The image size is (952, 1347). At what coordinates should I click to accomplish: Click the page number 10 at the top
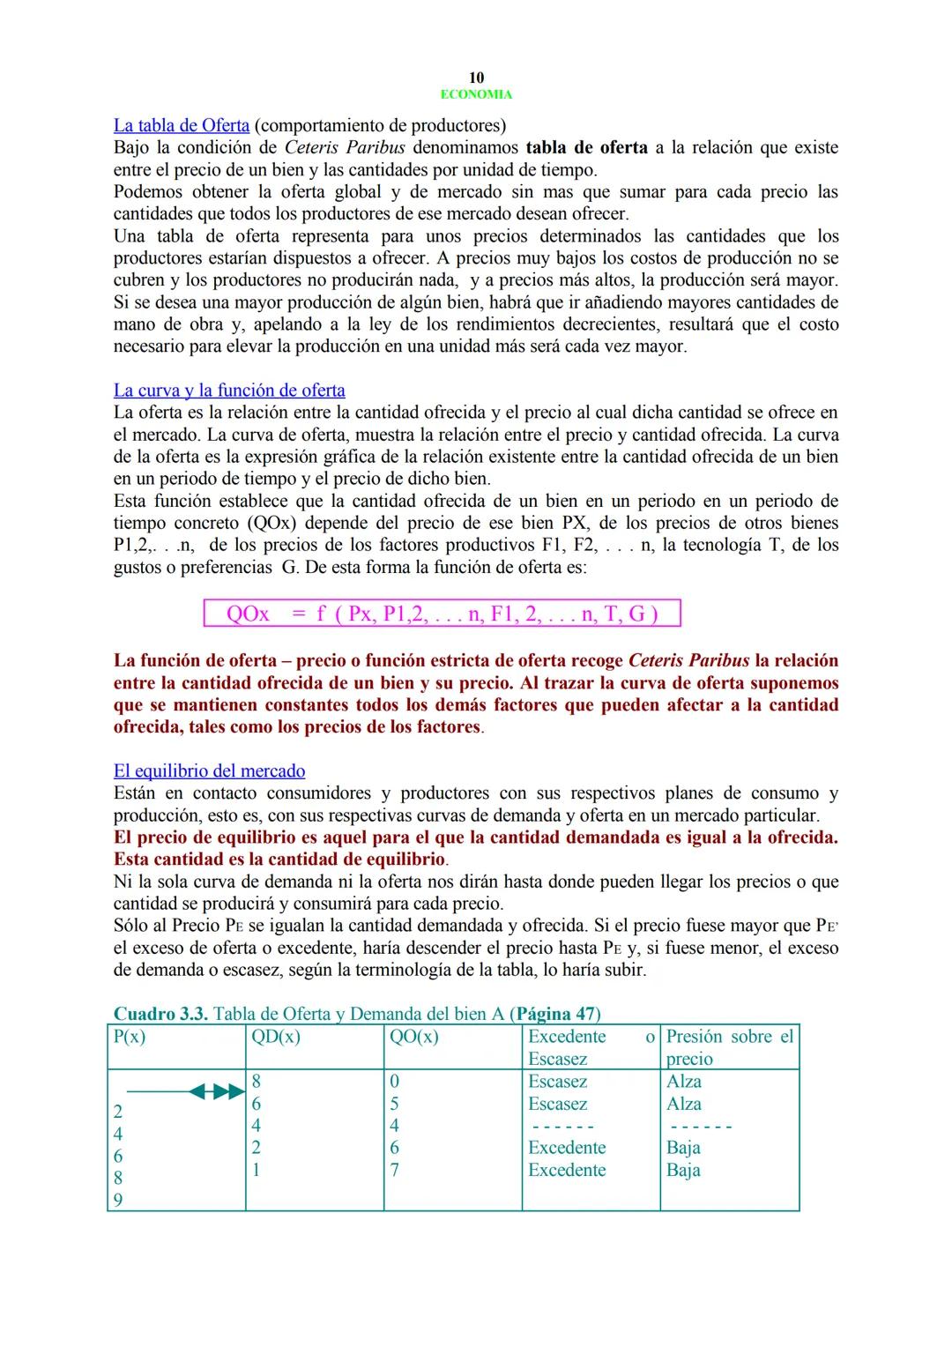click(476, 78)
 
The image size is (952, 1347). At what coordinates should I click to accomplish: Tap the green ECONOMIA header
click(476, 94)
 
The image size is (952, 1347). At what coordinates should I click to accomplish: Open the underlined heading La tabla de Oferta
click(181, 125)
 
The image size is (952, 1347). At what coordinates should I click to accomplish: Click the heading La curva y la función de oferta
click(229, 391)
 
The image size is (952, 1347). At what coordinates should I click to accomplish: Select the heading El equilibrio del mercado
click(209, 771)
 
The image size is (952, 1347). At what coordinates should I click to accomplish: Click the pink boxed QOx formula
click(442, 614)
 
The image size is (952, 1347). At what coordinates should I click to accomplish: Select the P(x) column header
click(130, 1037)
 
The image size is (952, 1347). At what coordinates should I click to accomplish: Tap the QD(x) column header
click(276, 1037)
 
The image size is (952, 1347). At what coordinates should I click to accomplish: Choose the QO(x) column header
click(414, 1037)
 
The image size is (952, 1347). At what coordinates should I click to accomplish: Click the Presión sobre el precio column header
click(729, 1047)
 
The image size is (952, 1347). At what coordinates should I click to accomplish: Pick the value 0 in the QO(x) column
click(394, 1082)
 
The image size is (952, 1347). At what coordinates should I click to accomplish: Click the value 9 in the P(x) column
click(118, 1200)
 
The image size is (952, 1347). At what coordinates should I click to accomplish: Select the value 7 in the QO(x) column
click(394, 1171)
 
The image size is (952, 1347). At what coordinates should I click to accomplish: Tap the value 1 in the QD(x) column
click(256, 1171)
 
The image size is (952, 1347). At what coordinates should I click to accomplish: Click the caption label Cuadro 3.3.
click(161, 1015)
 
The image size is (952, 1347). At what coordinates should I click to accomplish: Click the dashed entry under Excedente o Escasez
click(561, 1127)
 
